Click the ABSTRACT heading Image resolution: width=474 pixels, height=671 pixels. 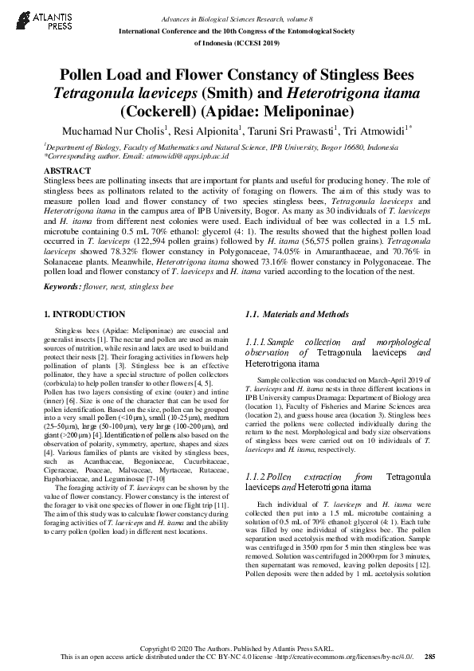click(68, 171)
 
